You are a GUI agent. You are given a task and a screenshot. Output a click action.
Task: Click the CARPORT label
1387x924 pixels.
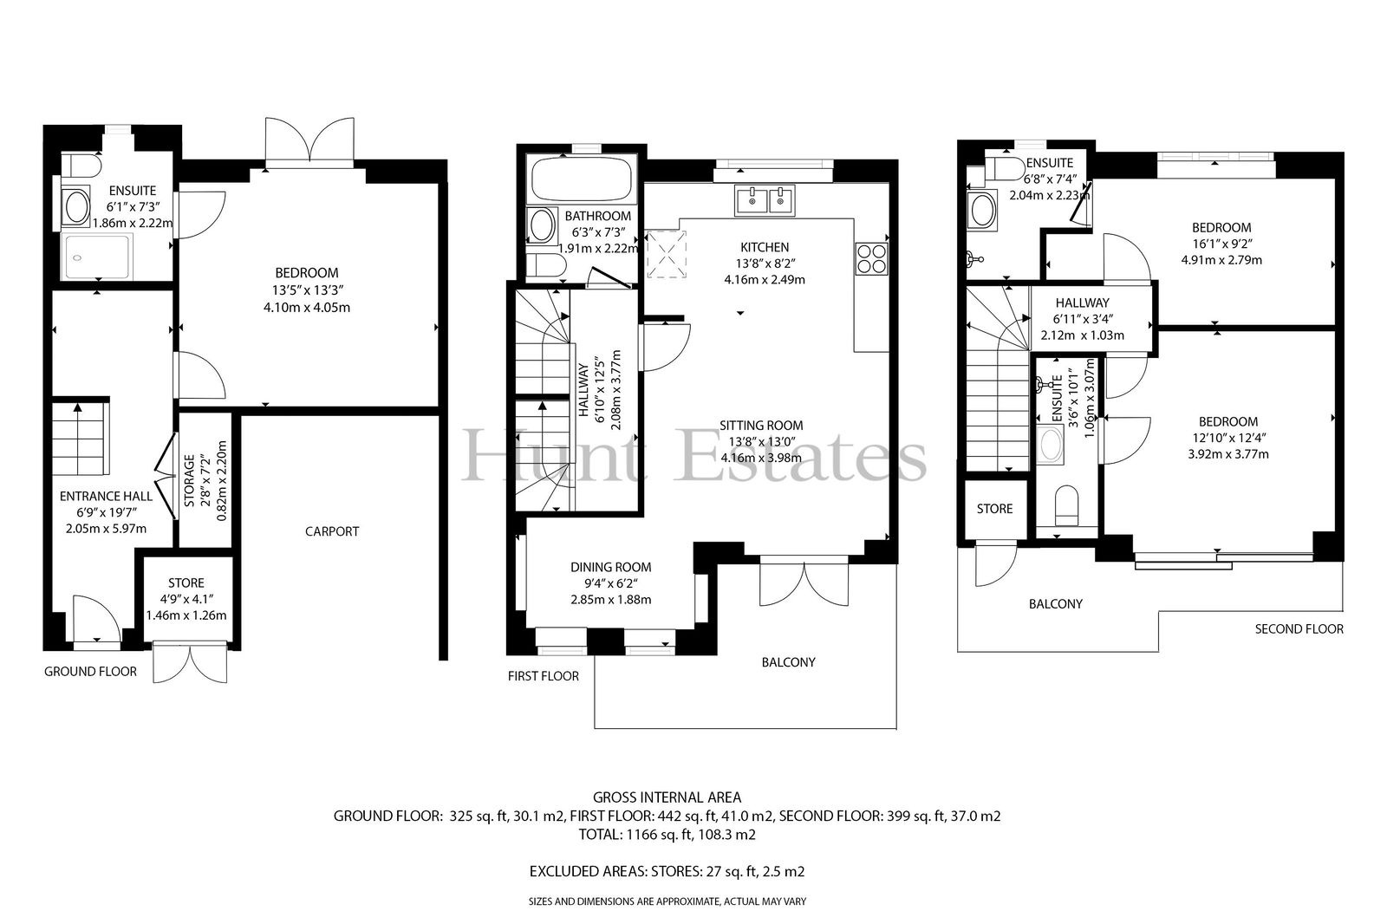[332, 531]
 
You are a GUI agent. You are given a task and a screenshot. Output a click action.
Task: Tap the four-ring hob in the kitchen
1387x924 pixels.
[872, 258]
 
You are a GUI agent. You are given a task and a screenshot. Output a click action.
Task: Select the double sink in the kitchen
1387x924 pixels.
[765, 200]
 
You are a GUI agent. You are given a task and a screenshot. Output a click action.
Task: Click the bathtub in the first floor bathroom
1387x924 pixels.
[581, 179]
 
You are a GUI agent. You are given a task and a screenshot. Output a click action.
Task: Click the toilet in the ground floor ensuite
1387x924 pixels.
[81, 166]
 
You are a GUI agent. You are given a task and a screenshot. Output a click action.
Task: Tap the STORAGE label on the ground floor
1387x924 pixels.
[190, 480]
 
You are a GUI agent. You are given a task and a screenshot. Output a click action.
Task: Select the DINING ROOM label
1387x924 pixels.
[610, 567]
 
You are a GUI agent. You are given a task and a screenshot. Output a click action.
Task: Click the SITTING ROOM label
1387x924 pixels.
[761, 426]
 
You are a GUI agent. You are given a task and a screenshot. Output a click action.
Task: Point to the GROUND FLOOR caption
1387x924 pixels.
[90, 671]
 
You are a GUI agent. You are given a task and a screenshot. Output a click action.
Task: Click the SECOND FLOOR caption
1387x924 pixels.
[1299, 629]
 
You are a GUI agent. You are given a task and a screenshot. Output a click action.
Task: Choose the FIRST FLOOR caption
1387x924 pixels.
[543, 676]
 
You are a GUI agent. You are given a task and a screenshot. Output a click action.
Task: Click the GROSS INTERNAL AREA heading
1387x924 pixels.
[667, 797]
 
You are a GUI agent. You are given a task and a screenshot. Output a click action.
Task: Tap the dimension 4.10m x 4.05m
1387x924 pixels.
[307, 307]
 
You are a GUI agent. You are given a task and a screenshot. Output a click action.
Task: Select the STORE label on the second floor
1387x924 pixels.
[994, 509]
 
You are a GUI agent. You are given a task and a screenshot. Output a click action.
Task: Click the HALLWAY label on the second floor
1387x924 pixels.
[1083, 303]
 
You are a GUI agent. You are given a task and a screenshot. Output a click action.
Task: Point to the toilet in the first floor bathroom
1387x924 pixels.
[545, 266]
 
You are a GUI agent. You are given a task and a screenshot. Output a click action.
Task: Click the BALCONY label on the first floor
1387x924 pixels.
[788, 662]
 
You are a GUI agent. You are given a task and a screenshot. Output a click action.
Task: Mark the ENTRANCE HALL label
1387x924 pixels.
[106, 496]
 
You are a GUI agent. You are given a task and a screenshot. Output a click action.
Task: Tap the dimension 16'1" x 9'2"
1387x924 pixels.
[1221, 244]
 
